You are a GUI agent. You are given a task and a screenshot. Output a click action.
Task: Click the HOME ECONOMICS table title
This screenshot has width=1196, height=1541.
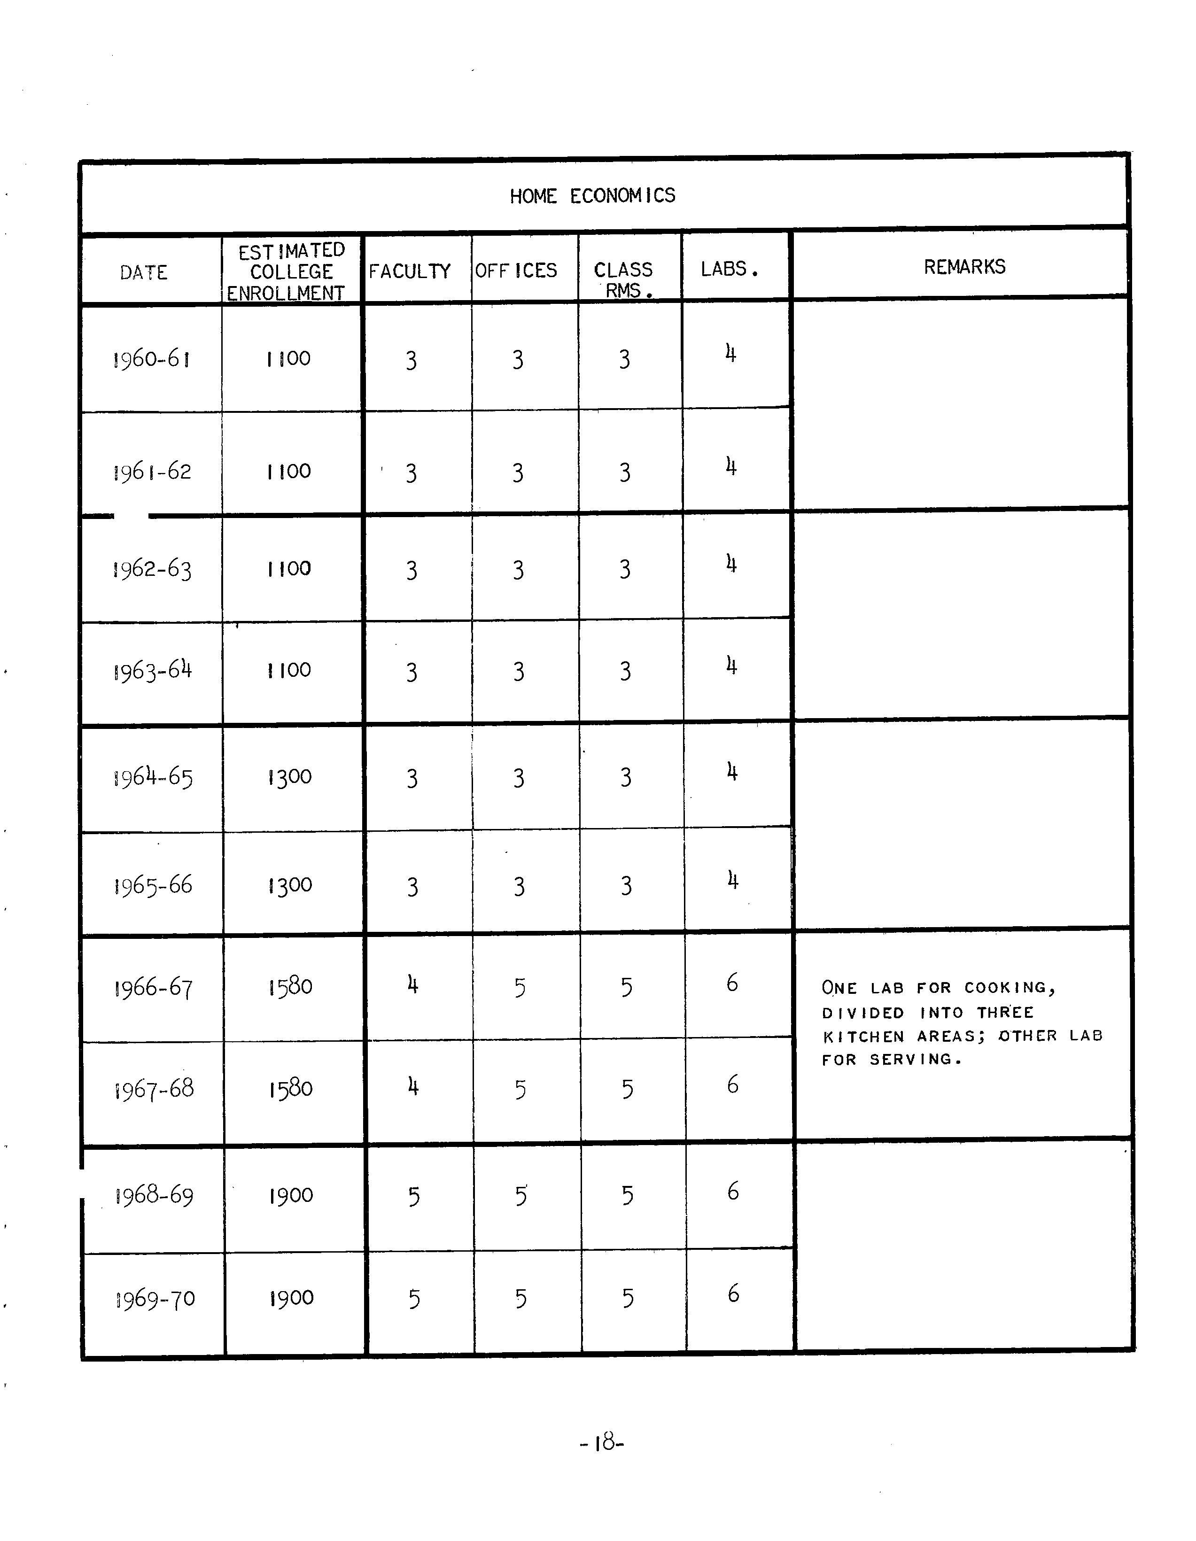pyautogui.click(x=592, y=195)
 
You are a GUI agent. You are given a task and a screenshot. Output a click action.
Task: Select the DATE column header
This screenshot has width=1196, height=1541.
pyautogui.click(x=143, y=272)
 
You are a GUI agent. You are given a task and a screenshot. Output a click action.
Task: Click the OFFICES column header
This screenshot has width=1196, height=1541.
pyautogui.click(x=516, y=270)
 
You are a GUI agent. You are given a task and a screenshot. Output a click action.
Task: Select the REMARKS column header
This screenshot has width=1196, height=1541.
pyautogui.click(x=964, y=267)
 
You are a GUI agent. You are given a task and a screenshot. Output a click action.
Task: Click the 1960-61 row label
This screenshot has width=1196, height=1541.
pyautogui.click(x=151, y=359)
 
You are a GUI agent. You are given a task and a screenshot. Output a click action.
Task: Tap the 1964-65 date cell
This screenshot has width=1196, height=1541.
pyautogui.click(x=152, y=778)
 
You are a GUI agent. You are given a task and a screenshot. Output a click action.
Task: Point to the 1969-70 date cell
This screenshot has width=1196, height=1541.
pyautogui.click(x=155, y=1299)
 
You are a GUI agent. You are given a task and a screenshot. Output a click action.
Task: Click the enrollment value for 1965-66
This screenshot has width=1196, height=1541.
pyautogui.click(x=290, y=885)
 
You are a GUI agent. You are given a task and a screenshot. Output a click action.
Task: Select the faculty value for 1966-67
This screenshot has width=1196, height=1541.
pyautogui.click(x=413, y=984)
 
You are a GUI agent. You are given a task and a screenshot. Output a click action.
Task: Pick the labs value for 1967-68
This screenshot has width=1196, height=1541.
pyautogui.click(x=732, y=1084)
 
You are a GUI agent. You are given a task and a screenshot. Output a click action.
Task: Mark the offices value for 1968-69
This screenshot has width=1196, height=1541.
pyautogui.click(x=521, y=1195)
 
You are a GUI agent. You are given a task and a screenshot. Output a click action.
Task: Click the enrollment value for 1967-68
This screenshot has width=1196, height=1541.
pyautogui.click(x=290, y=1089)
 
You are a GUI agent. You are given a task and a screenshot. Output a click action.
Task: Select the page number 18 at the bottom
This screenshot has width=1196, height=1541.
pyautogui.click(x=602, y=1443)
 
